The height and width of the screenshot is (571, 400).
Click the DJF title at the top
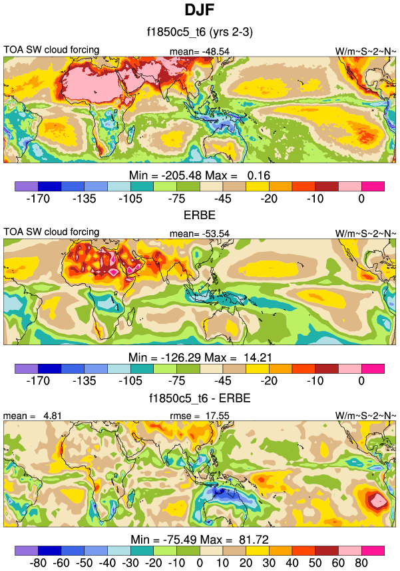[x=200, y=11]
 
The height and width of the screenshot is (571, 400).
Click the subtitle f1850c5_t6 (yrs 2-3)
[x=200, y=31]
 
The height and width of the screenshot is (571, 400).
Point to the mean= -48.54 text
[x=200, y=51]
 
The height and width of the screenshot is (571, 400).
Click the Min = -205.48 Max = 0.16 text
[x=200, y=175]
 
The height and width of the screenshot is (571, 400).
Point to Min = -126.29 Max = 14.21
[x=200, y=356]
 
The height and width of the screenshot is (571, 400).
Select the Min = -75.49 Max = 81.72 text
[x=200, y=538]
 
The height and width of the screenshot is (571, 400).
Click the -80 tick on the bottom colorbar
[x=38, y=562]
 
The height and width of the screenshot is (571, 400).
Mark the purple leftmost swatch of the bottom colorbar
[x=27, y=550]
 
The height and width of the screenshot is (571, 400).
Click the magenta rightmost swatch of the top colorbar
[x=373, y=186]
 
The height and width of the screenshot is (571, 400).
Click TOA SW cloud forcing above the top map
[x=51, y=50]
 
